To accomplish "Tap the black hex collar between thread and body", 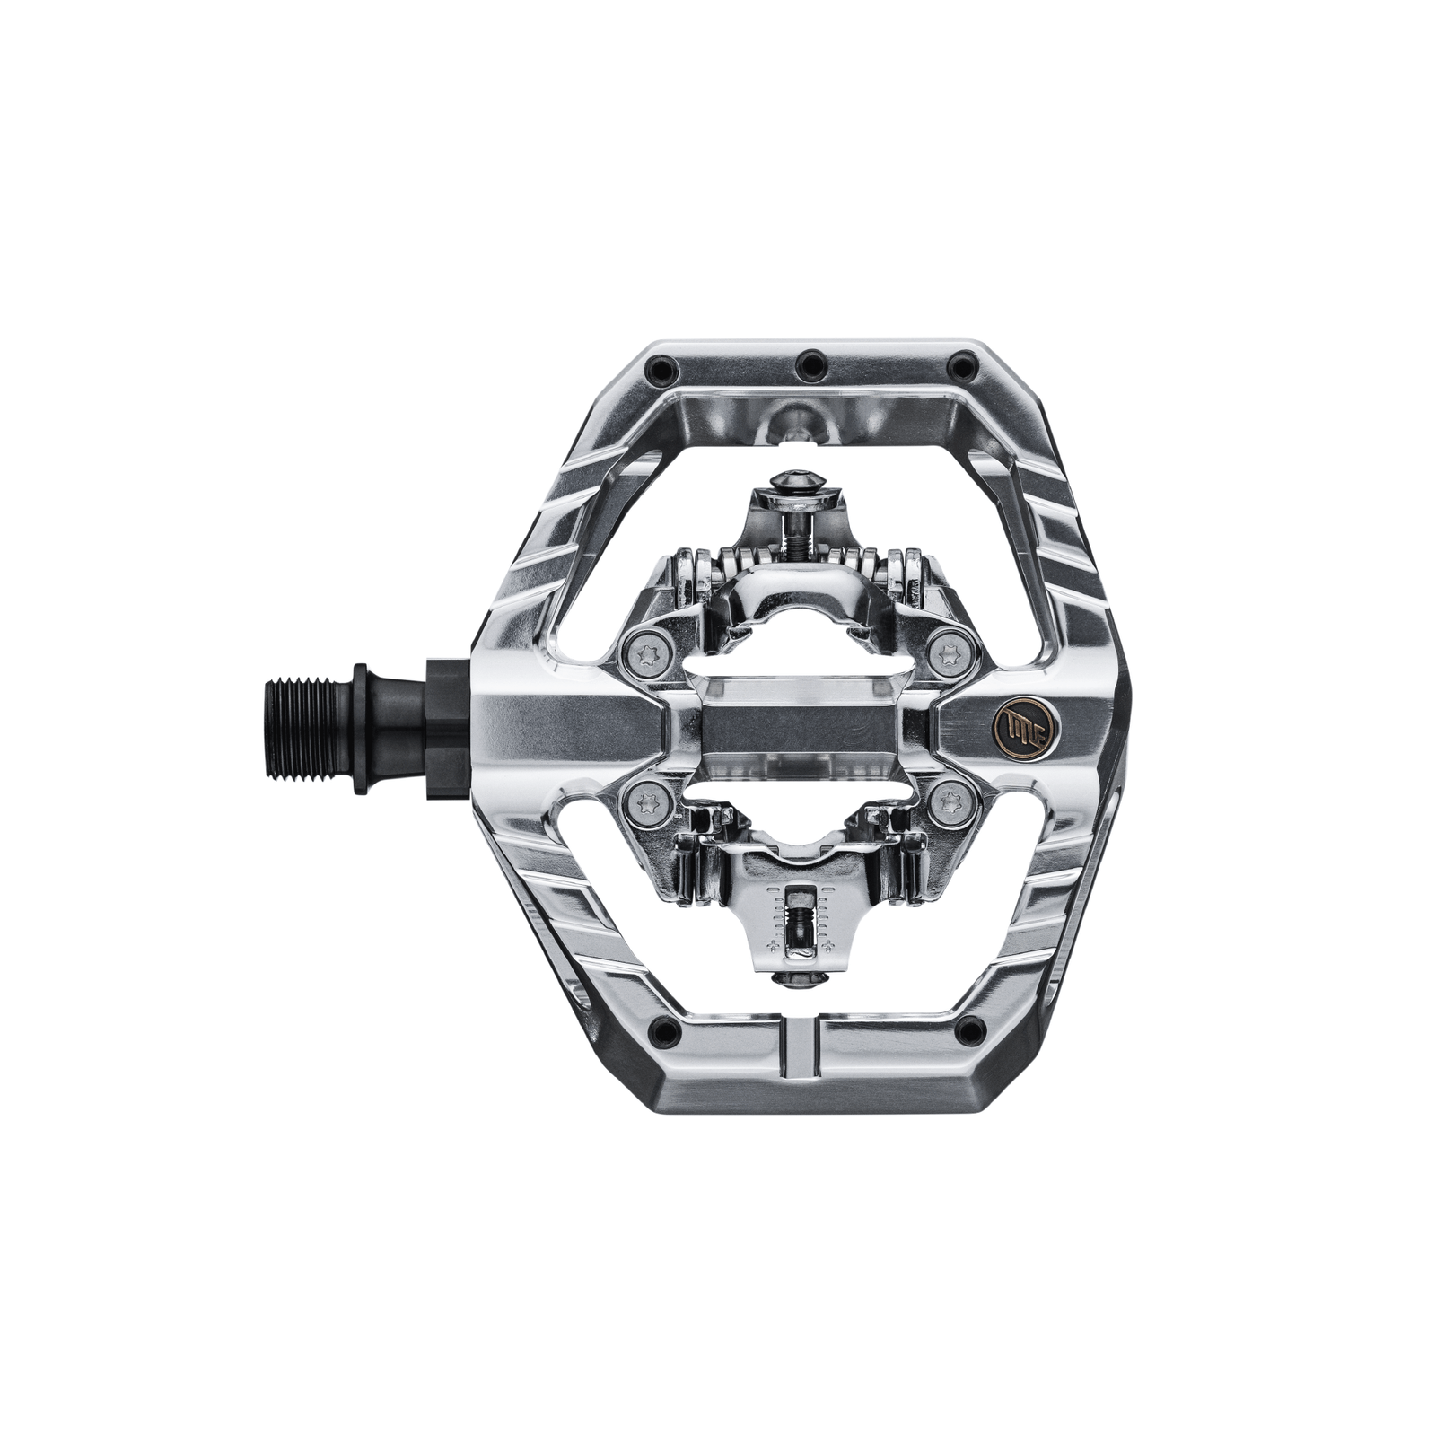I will (445, 727).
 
